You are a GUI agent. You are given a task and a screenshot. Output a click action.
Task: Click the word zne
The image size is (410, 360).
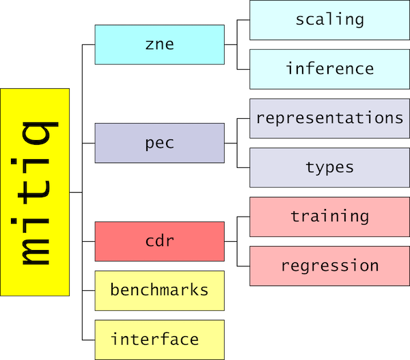point(160,44)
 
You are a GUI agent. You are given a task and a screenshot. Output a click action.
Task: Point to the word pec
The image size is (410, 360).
point(160,143)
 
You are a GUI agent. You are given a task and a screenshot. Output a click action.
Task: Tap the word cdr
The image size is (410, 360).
point(160,241)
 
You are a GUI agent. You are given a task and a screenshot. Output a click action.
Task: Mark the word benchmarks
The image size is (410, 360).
point(160,290)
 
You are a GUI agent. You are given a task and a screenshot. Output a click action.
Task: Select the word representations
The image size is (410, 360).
point(330,117)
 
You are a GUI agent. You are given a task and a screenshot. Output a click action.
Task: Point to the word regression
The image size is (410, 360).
point(330,266)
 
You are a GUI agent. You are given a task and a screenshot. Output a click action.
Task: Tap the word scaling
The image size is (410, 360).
point(330,19)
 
